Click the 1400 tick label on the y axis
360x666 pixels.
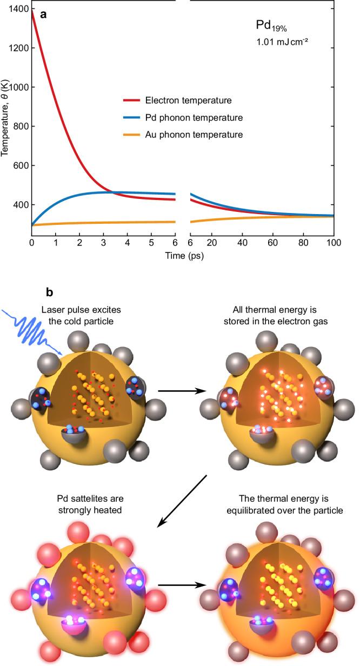(x=19, y=9)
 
